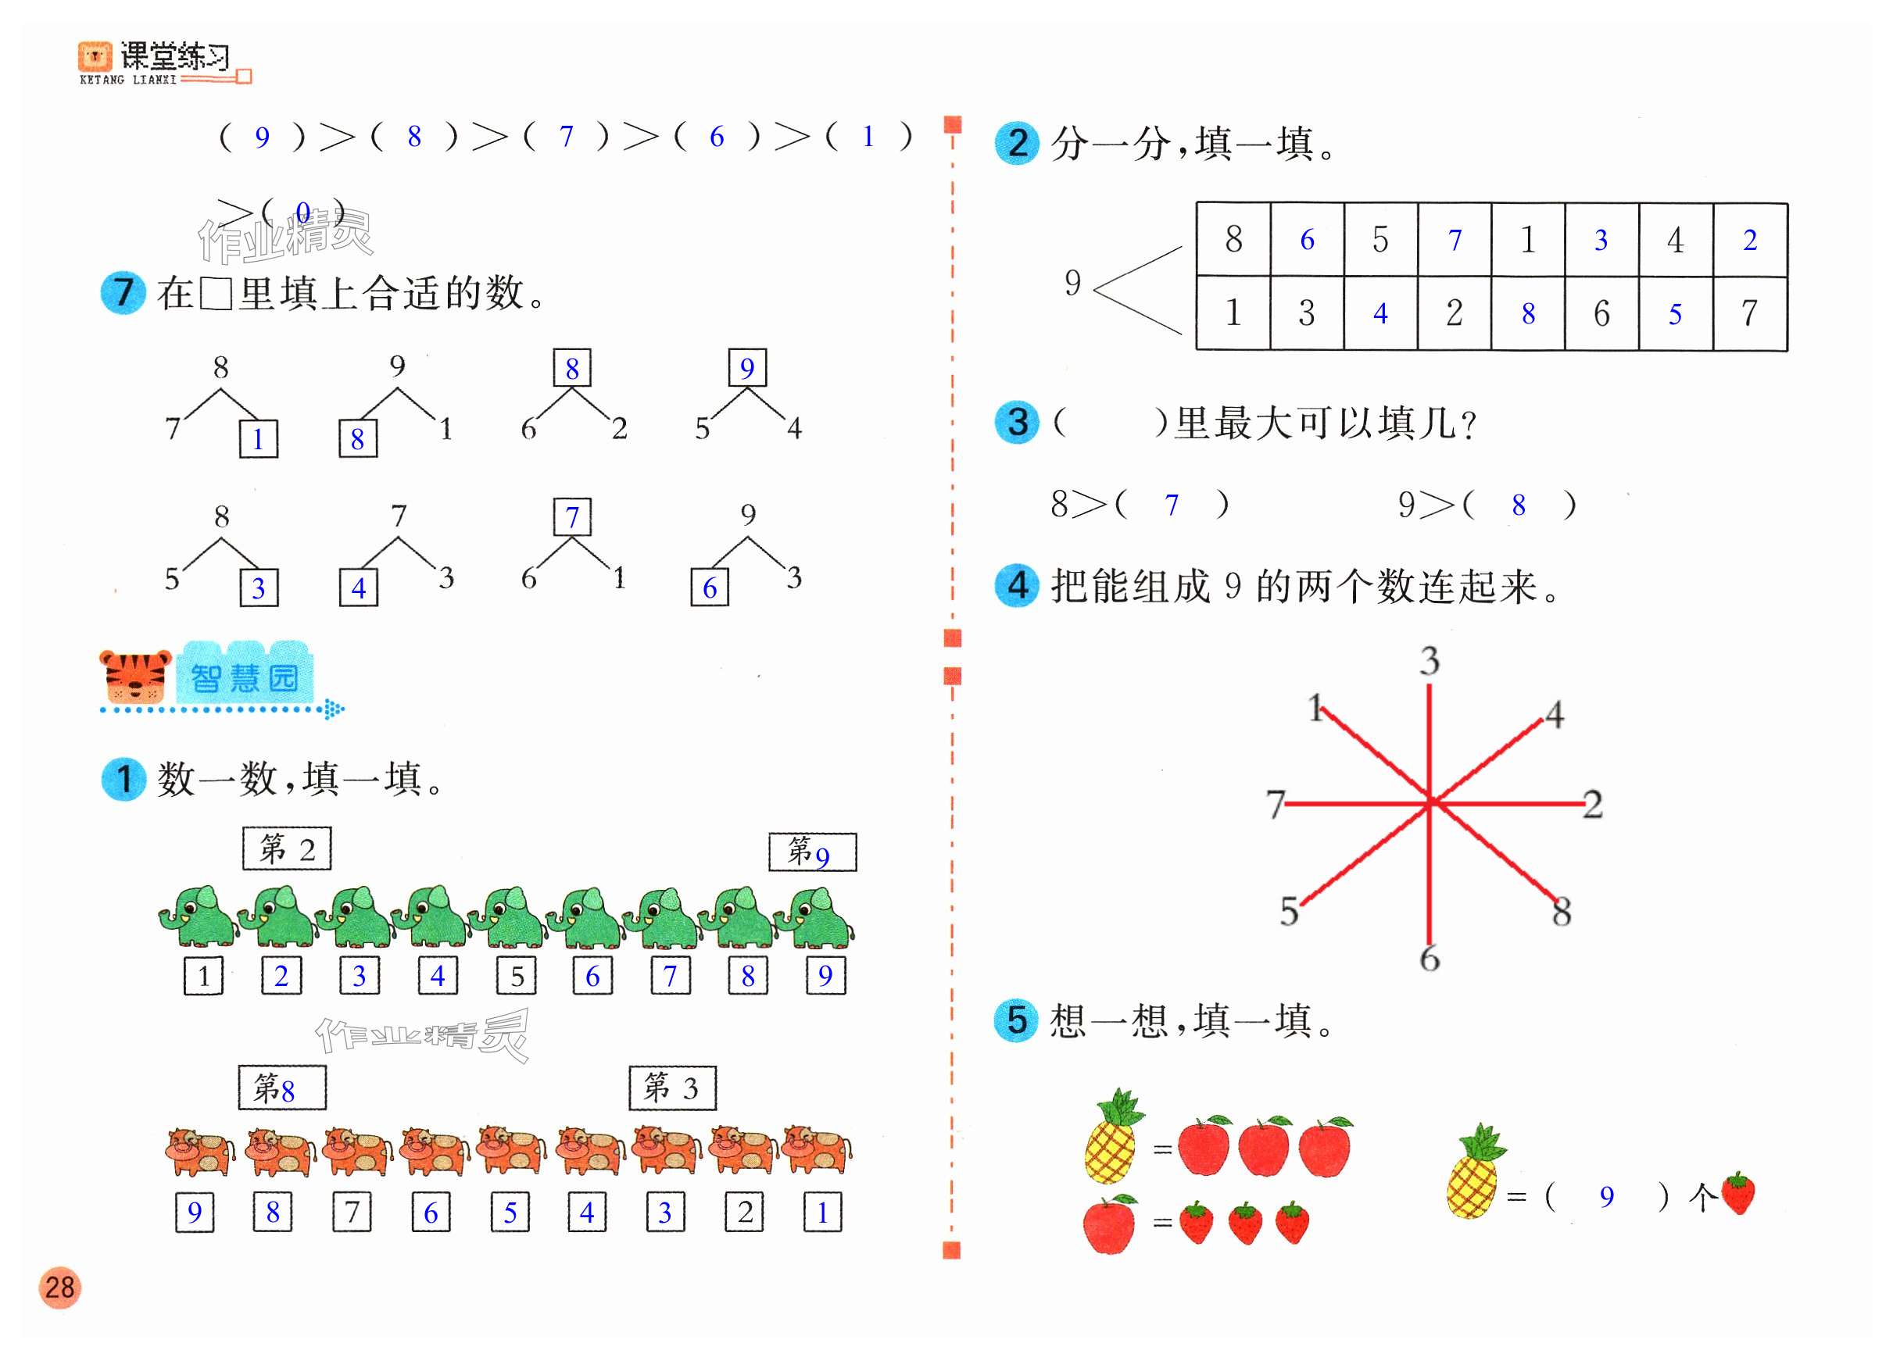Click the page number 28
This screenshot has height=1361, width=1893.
click(x=59, y=1287)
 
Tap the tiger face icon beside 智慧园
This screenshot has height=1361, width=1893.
click(x=135, y=676)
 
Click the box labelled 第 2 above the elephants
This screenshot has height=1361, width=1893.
click(x=286, y=848)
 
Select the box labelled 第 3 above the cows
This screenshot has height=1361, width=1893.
click(x=672, y=1088)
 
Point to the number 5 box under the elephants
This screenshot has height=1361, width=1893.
click(x=517, y=976)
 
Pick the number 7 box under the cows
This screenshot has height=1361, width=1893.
click(x=352, y=1212)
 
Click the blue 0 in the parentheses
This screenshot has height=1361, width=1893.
click(x=303, y=213)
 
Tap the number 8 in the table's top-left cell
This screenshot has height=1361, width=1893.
click(x=1233, y=240)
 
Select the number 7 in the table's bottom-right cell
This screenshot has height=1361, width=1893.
click(x=1748, y=314)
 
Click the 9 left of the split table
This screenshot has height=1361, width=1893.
click(x=1072, y=283)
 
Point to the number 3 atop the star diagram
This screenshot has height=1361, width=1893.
click(x=1430, y=661)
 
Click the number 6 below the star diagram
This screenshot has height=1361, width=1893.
click(x=1430, y=958)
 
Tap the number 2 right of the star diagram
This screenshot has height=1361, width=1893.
click(x=1593, y=805)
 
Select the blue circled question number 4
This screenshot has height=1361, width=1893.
click(x=1017, y=585)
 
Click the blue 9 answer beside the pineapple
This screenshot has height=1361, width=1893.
click(x=1606, y=1197)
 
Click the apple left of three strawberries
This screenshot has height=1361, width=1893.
click(x=1109, y=1223)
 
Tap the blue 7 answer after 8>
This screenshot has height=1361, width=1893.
click(x=1172, y=505)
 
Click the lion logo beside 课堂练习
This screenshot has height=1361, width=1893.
click(x=95, y=57)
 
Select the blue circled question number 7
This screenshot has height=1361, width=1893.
click(x=123, y=293)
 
